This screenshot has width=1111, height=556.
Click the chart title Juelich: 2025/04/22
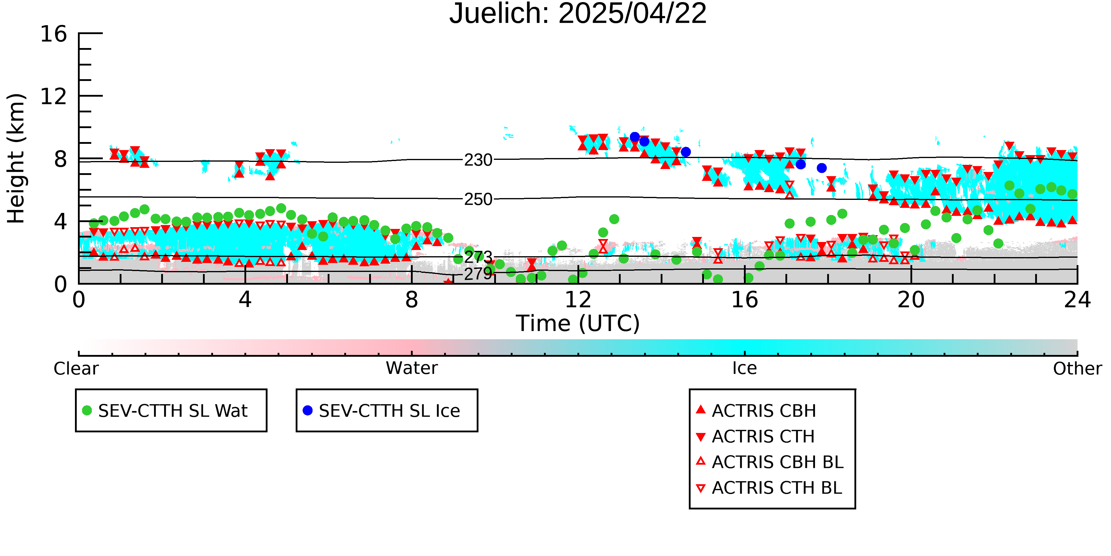(x=578, y=14)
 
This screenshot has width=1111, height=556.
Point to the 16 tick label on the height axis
(x=54, y=34)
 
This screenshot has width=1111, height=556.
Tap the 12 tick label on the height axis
(x=54, y=96)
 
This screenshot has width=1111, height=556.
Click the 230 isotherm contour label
(x=478, y=160)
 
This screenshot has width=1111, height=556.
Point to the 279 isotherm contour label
(x=478, y=274)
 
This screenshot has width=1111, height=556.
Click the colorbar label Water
(x=412, y=368)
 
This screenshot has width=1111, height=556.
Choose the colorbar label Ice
(x=745, y=368)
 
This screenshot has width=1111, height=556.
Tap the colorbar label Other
(x=1077, y=369)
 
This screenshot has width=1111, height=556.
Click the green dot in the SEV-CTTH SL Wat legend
(x=87, y=410)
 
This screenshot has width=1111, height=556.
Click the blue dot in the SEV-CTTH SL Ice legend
(x=308, y=410)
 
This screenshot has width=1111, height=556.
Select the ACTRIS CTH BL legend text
(x=777, y=488)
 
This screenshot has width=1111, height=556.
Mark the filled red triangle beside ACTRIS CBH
(x=701, y=409)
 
